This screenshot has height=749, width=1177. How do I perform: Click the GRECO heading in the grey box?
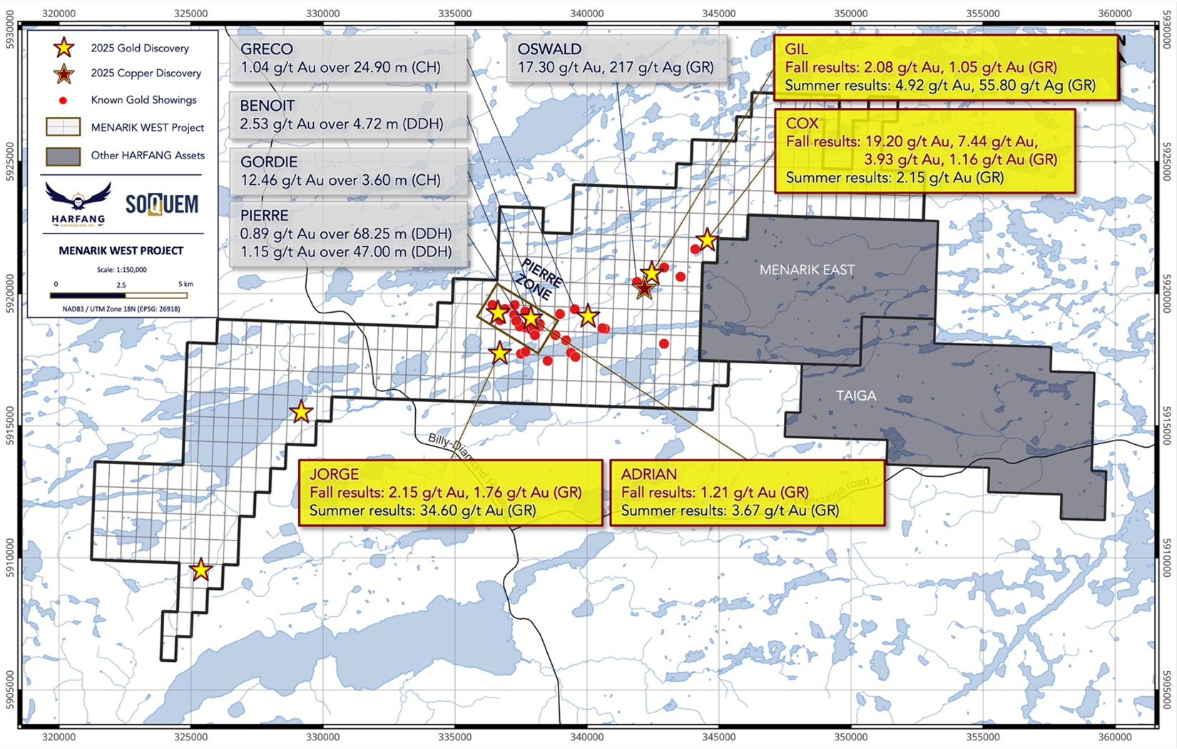coord(266,49)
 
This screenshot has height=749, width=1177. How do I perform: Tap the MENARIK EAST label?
coord(807,270)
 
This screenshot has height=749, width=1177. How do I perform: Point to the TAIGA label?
coord(856,396)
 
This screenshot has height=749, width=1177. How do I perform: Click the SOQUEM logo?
coord(162,205)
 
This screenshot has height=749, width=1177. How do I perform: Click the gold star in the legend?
coord(64,48)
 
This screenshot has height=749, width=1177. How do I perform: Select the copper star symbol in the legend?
coord(64,73)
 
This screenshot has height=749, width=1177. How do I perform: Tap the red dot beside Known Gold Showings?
coord(63,100)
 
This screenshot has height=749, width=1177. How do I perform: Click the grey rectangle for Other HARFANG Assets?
coord(63,156)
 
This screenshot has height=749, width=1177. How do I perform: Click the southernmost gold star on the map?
coord(201,570)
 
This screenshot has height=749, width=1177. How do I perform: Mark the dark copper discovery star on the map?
coord(644,288)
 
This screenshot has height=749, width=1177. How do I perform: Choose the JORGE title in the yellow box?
coord(334,474)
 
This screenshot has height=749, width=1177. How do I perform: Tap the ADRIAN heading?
coord(648,474)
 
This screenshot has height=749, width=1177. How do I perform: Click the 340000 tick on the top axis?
coord(586,14)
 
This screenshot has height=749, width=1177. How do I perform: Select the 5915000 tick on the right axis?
coord(1167,426)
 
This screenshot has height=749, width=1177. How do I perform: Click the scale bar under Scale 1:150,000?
coord(118,294)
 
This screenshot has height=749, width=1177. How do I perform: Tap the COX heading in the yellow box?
coord(802,123)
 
